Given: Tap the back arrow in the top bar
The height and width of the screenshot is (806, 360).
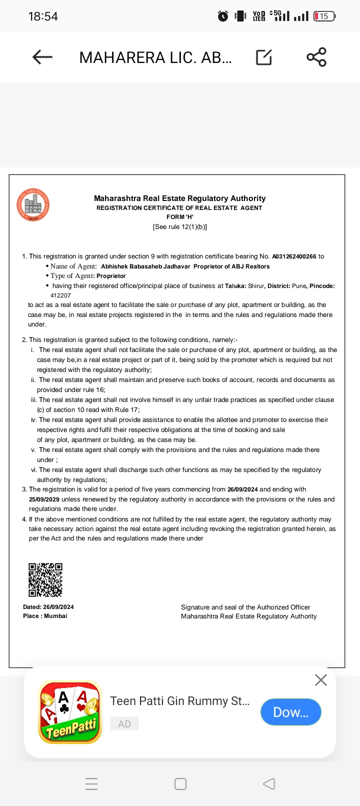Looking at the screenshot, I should (42, 57).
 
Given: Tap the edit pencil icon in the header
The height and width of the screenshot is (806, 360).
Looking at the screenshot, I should (264, 57).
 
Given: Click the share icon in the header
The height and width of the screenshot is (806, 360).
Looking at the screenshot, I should (316, 57).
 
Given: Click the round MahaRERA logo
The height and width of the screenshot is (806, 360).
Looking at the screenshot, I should (33, 204).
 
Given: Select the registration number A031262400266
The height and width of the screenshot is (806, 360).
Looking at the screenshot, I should (294, 256).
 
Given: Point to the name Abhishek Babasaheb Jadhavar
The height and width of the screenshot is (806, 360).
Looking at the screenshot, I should (145, 266).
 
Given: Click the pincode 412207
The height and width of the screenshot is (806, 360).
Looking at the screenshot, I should (60, 295).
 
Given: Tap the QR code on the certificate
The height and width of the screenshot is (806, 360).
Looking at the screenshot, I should (45, 580).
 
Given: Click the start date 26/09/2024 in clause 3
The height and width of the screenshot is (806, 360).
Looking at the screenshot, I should (242, 489).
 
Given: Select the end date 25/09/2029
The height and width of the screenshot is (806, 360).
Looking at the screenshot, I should (44, 499).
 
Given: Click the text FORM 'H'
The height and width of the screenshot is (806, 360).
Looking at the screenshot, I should (180, 217).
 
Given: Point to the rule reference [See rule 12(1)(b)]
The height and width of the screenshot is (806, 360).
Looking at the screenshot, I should (180, 227).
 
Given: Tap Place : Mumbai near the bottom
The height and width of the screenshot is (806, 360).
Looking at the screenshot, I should (45, 616).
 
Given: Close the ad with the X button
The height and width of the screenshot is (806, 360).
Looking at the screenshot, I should (321, 680).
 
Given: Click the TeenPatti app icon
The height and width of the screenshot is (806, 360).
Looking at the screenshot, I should (70, 712).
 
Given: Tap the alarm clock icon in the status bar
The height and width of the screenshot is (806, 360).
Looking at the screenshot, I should (223, 16).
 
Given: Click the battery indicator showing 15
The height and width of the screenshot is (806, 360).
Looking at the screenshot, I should (324, 16).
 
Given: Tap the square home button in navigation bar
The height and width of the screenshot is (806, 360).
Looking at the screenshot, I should (180, 783).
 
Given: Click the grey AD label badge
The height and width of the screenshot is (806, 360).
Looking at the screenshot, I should (124, 724).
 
